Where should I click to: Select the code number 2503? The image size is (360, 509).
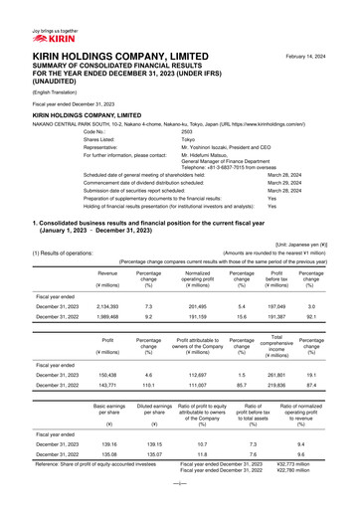point(187,131)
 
